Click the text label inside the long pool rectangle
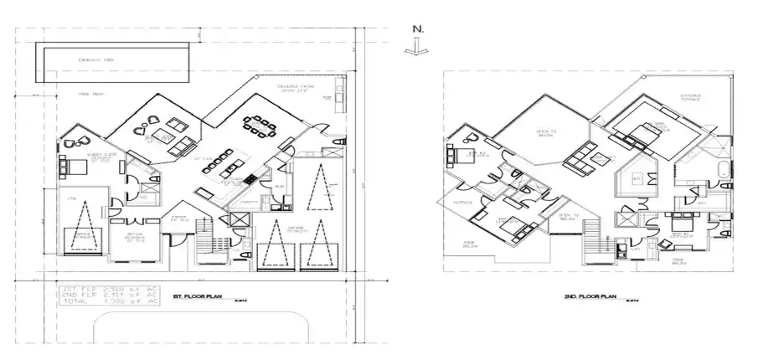pyautogui.click(x=90, y=60)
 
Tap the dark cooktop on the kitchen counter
pyautogui.click(x=250, y=179)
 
